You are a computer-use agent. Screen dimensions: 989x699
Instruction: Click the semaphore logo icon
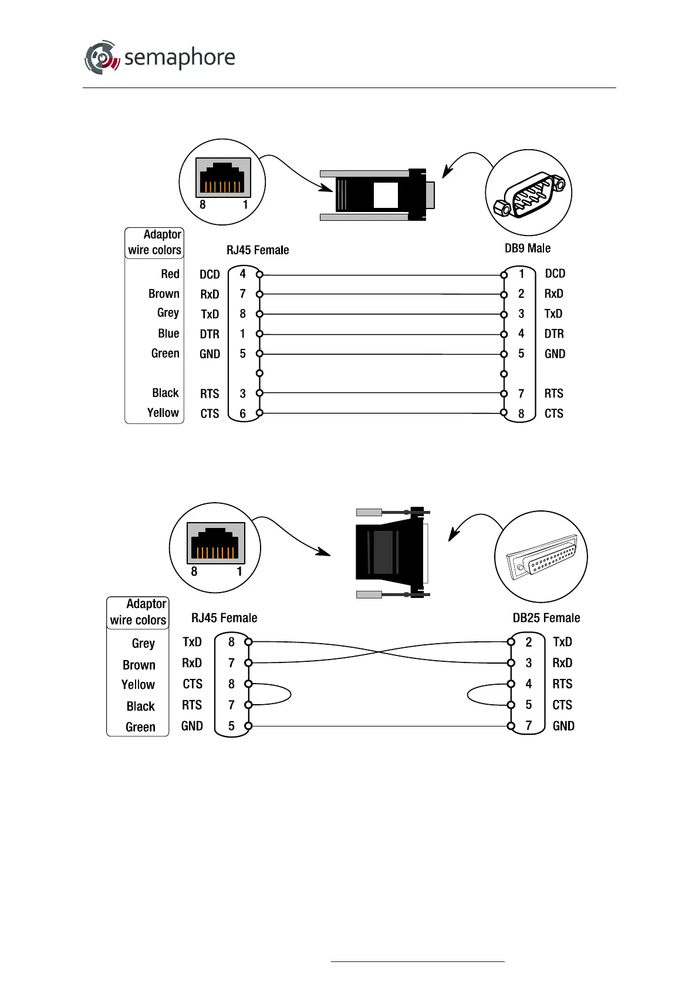pyautogui.click(x=102, y=58)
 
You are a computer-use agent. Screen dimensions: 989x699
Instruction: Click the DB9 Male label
pyautogui.click(x=527, y=248)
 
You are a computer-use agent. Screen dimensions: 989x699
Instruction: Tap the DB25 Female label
pyautogui.click(x=546, y=618)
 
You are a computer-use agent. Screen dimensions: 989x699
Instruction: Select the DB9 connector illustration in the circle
pyautogui.click(x=529, y=193)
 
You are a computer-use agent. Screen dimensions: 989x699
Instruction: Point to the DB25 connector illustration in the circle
pyautogui.click(x=541, y=557)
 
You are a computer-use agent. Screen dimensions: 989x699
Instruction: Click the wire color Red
pyautogui.click(x=170, y=274)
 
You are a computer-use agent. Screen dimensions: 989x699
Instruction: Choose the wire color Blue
pyautogui.click(x=168, y=334)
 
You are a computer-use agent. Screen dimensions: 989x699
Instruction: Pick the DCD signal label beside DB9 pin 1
pyautogui.click(x=555, y=274)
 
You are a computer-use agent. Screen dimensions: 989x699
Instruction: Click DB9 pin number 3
pyautogui.click(x=521, y=314)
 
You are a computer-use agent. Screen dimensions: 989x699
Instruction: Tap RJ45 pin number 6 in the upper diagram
pyautogui.click(x=242, y=413)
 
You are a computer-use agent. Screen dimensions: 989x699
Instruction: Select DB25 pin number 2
pyautogui.click(x=528, y=642)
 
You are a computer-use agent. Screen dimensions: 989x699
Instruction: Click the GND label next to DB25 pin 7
pyautogui.click(x=563, y=726)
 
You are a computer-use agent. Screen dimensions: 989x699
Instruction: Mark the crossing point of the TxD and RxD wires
pyautogui.click(x=380, y=652)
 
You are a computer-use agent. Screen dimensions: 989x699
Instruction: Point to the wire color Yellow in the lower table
pyautogui.click(x=138, y=685)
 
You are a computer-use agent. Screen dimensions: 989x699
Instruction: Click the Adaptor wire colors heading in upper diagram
pyautogui.click(x=154, y=243)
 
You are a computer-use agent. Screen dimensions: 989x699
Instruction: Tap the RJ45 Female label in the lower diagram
pyautogui.click(x=224, y=618)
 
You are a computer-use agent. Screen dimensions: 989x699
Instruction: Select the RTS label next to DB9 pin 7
pyautogui.click(x=553, y=393)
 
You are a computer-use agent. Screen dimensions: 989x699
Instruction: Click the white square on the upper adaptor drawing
pyautogui.click(x=386, y=195)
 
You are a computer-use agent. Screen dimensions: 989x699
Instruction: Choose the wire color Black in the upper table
pyautogui.click(x=165, y=393)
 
